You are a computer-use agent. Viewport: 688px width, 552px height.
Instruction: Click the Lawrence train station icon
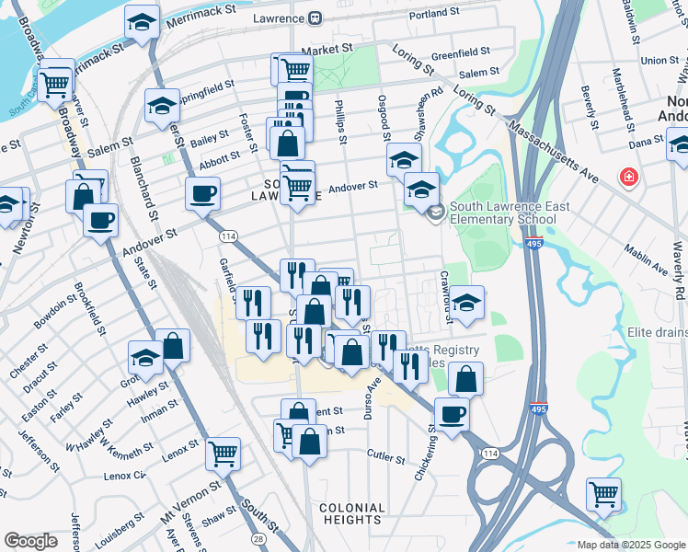pyautogui.click(x=315, y=18)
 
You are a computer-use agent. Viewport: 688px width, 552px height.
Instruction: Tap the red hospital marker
pyautogui.click(x=629, y=176)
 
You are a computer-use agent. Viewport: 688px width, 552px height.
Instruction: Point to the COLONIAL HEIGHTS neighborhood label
pyautogui.click(x=352, y=514)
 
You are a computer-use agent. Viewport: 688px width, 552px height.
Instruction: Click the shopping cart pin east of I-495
pyautogui.click(x=603, y=495)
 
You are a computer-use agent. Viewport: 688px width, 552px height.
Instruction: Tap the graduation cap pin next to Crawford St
pyautogui.click(x=467, y=303)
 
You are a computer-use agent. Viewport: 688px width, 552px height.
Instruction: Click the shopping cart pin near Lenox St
pyautogui.click(x=223, y=453)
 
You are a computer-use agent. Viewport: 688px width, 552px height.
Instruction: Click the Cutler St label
pyautogui.click(x=385, y=455)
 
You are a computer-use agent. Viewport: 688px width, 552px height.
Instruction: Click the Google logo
pyautogui.click(x=31, y=541)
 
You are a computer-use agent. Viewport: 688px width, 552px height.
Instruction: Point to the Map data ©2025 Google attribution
pyautogui.click(x=630, y=545)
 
